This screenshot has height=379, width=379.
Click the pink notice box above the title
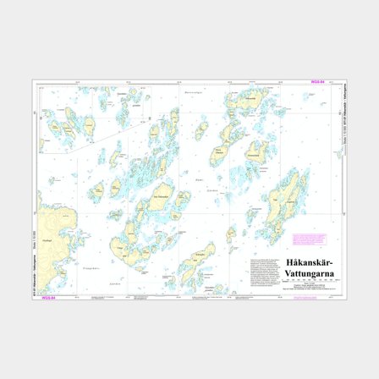(309, 240)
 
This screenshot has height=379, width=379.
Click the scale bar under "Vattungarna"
(310, 281)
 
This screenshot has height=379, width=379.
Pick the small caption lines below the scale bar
(310, 288)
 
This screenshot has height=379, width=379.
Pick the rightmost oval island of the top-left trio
(87, 124)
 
